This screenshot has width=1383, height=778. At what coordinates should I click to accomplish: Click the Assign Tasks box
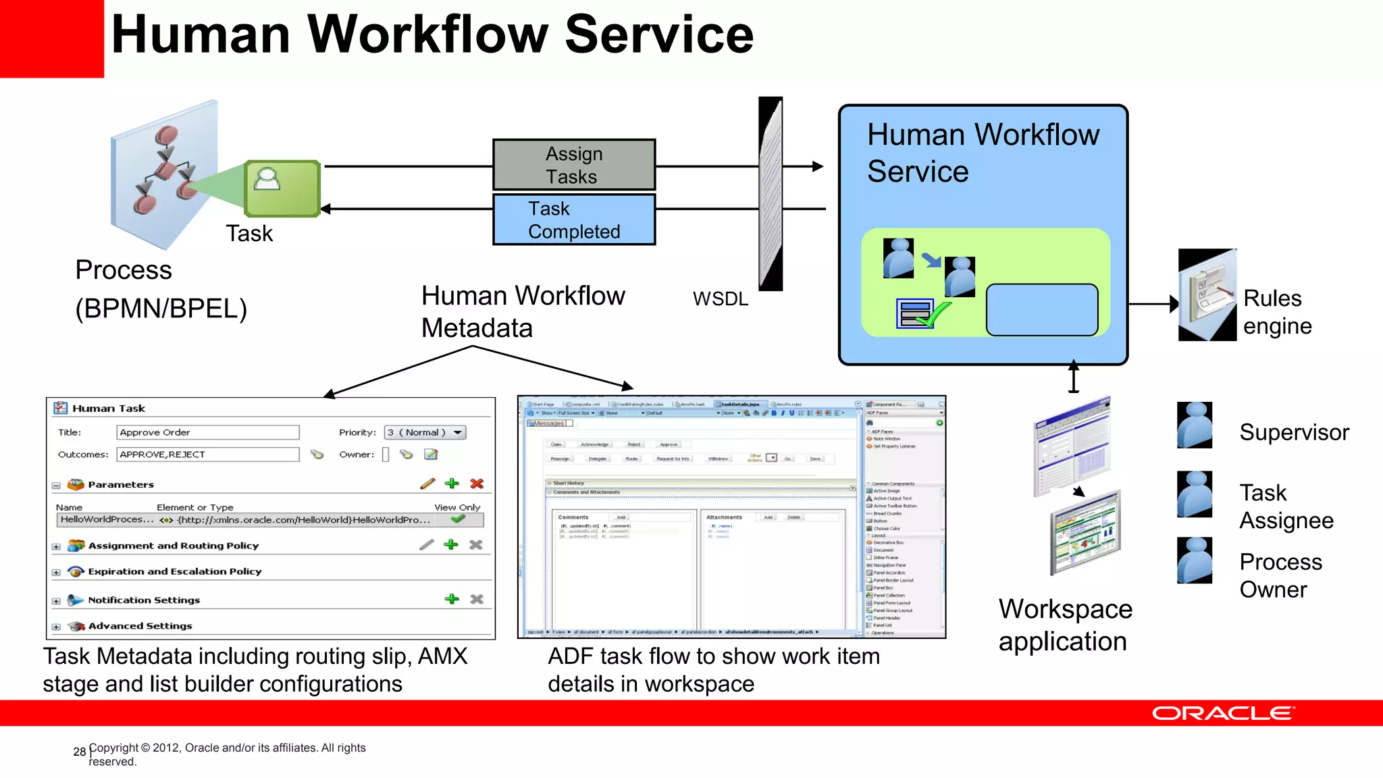click(574, 165)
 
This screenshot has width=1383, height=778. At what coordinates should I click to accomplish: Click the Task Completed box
click(574, 219)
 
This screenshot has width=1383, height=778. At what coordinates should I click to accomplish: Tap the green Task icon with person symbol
click(282, 188)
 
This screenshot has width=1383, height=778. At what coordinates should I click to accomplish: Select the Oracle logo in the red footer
click(1223, 713)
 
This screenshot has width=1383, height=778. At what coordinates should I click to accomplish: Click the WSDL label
click(721, 299)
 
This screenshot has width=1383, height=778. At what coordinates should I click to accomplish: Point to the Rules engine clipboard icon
click(1207, 295)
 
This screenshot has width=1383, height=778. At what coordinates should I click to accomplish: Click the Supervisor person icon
click(1195, 425)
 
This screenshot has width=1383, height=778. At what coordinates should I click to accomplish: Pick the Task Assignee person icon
click(1195, 494)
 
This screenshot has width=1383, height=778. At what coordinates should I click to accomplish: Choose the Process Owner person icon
click(1195, 560)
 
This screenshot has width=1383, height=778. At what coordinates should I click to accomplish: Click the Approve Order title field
click(207, 432)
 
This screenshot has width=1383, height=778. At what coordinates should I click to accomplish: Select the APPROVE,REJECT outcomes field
click(207, 455)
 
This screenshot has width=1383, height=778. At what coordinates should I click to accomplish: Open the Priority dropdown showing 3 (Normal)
click(425, 432)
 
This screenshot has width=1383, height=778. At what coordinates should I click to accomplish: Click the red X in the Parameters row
click(477, 484)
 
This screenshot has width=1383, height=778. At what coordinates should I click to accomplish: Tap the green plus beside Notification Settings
click(452, 599)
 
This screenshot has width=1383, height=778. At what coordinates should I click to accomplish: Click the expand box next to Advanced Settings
click(57, 627)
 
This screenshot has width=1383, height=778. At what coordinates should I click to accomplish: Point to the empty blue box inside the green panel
click(1042, 310)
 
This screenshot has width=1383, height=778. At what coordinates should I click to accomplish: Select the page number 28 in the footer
click(79, 752)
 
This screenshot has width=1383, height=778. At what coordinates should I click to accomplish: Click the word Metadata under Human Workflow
click(477, 328)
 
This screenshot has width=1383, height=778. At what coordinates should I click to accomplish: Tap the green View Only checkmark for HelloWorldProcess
click(458, 519)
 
